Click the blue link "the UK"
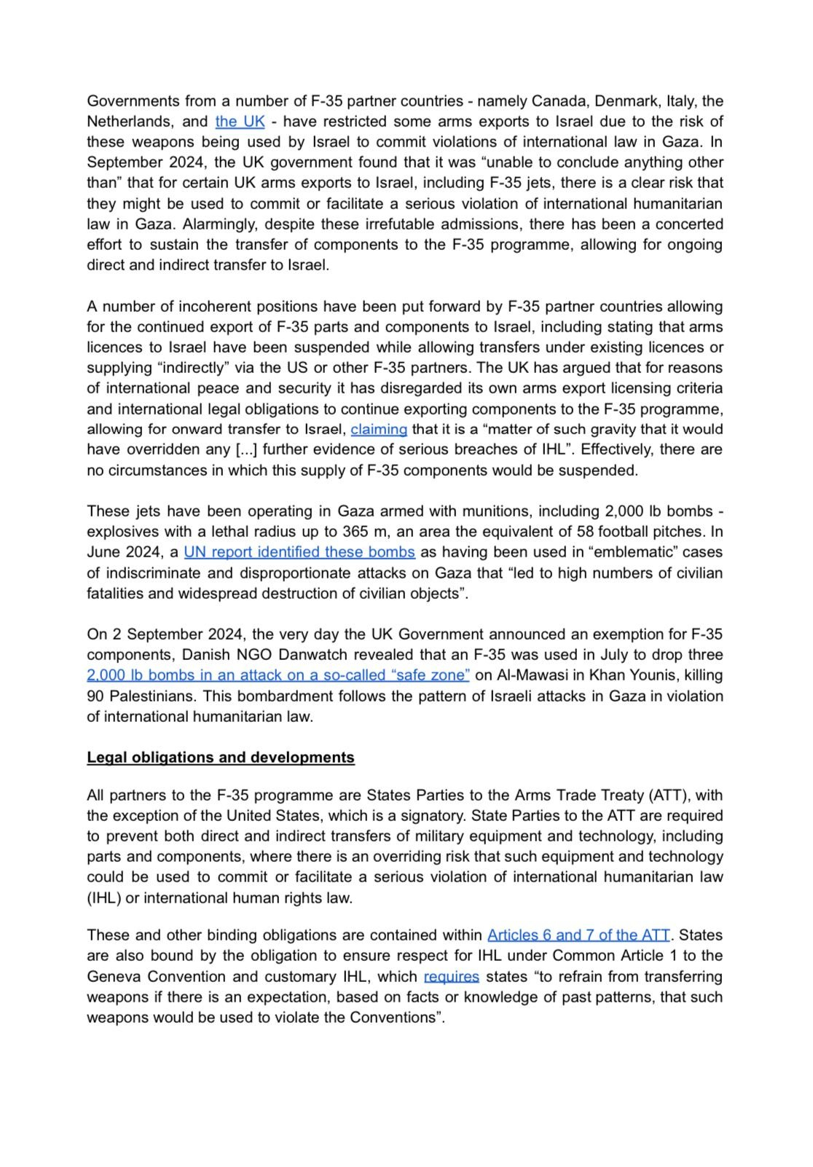240,122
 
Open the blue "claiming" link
379,430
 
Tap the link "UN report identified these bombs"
299,552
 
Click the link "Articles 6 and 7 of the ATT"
578,935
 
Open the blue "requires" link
451,977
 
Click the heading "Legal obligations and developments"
221,758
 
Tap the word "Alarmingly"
213,224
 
